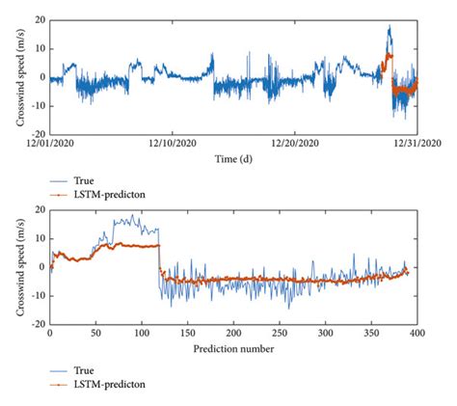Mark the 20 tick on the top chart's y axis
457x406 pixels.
[38, 19]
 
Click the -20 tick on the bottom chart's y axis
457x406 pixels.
[36, 324]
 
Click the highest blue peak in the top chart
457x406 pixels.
[389, 27]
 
